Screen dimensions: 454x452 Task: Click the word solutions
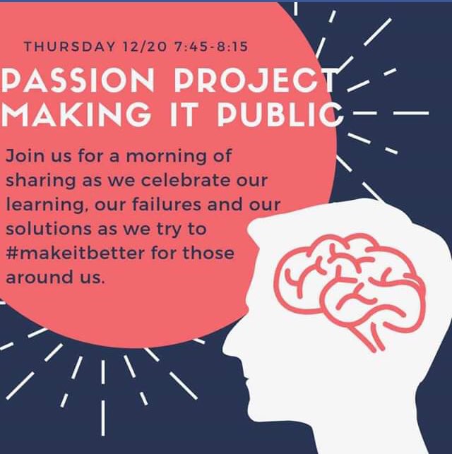coord(42,229)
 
